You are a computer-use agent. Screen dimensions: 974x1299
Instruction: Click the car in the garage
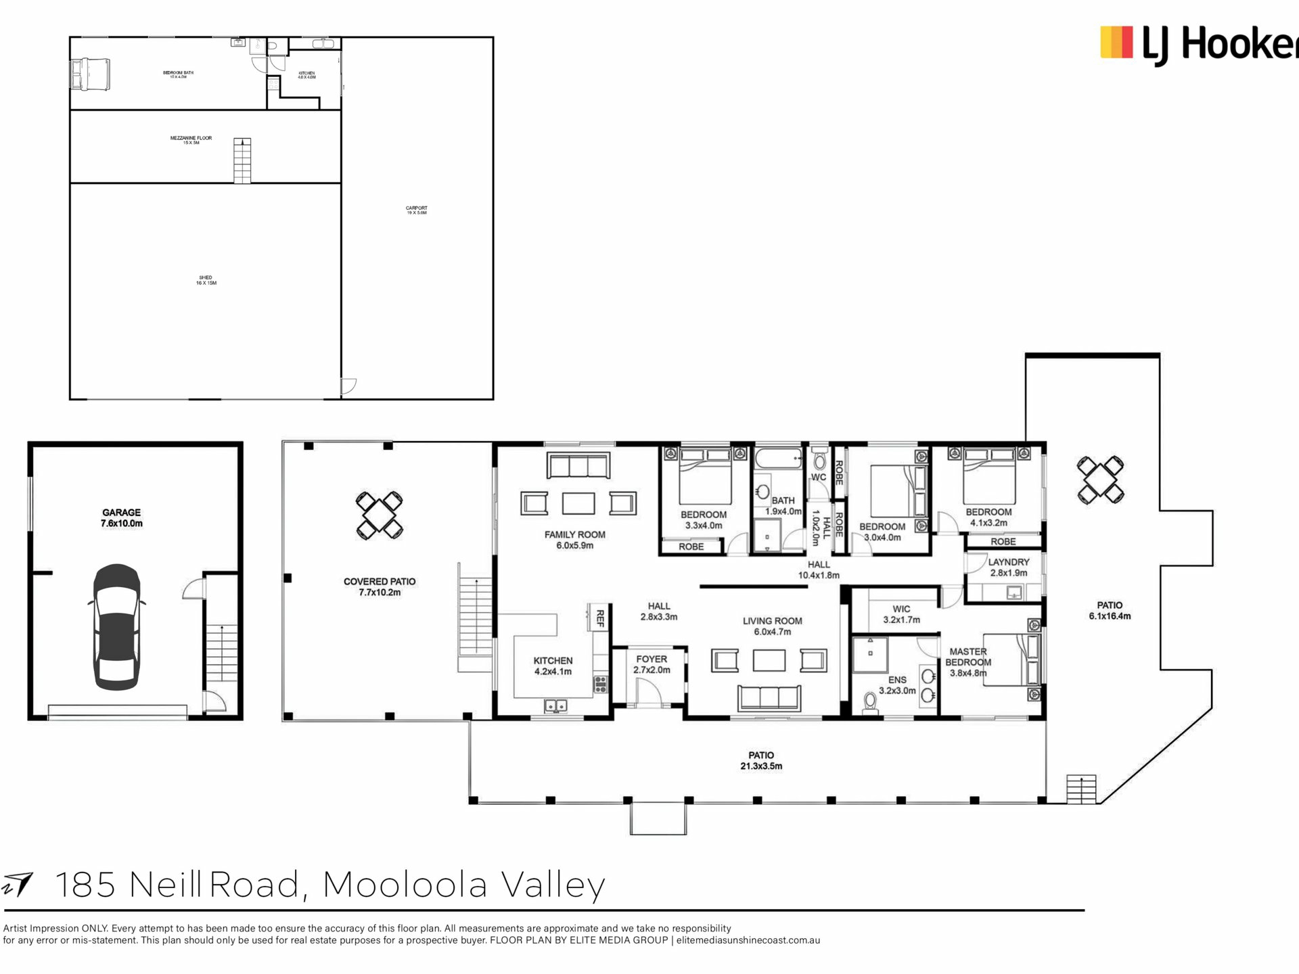(x=117, y=627)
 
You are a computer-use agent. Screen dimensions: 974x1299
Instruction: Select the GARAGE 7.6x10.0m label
(x=122, y=518)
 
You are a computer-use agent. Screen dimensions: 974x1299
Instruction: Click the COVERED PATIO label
(x=380, y=586)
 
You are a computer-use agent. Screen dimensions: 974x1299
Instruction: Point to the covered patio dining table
(x=380, y=515)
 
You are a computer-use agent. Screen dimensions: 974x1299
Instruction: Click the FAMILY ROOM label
(x=574, y=540)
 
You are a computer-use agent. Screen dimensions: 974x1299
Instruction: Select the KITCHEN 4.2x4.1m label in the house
(x=553, y=666)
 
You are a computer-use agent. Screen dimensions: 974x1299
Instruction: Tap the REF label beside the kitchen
(x=599, y=618)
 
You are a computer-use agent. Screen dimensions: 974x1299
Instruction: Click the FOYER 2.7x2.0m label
(x=652, y=664)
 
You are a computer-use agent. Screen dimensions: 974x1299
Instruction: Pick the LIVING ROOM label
(x=772, y=626)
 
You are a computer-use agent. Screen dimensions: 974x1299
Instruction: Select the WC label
(x=819, y=478)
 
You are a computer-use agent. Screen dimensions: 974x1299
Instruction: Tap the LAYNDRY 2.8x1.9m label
(x=1008, y=567)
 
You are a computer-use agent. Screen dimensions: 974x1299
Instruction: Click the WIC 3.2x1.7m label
(x=901, y=613)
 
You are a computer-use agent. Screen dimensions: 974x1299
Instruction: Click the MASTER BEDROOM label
(x=968, y=662)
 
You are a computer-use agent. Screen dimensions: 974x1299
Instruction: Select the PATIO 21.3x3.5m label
(x=761, y=760)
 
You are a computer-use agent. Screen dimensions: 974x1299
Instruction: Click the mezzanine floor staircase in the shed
(x=242, y=160)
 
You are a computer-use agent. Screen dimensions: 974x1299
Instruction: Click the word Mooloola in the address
(x=405, y=885)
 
